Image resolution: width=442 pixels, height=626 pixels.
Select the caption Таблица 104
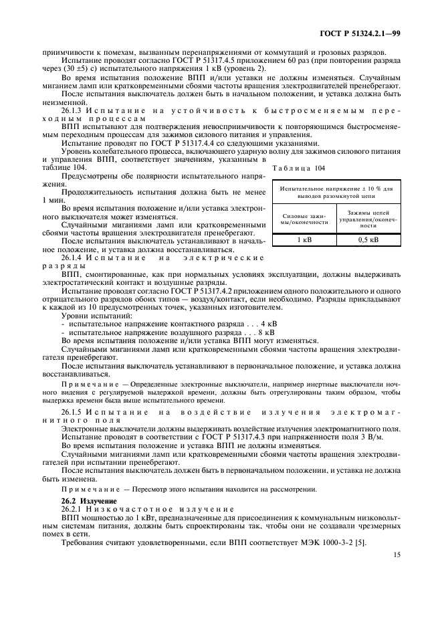coord(299,170)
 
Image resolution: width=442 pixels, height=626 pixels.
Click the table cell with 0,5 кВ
coord(368,239)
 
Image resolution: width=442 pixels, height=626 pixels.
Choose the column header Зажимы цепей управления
coord(368,219)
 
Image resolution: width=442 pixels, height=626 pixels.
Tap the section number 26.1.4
coord(75,257)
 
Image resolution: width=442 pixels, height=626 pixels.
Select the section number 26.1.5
coord(75,411)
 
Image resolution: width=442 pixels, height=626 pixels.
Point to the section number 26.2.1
coord(74,508)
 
